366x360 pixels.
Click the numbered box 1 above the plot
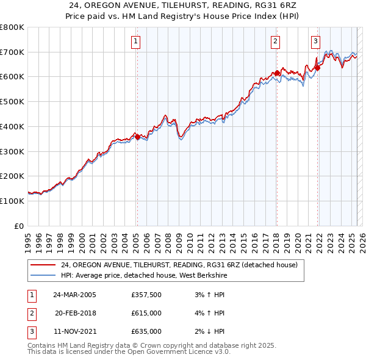pos(135,41)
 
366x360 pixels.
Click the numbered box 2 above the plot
pos(276,41)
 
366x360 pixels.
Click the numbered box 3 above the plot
pos(316,41)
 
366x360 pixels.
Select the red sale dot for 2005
pos(137,137)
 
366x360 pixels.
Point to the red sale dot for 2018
pos(277,73)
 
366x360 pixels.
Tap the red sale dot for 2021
pos(317,68)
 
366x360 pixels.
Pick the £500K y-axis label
pos(12,102)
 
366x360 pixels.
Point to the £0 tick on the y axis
pos(20,226)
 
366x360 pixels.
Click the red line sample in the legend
pos(43,265)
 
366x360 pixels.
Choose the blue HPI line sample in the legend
pos(43,275)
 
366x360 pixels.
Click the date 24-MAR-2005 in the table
pos(74,295)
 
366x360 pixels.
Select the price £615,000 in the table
pos(146,313)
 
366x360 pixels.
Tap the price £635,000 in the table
pos(146,331)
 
